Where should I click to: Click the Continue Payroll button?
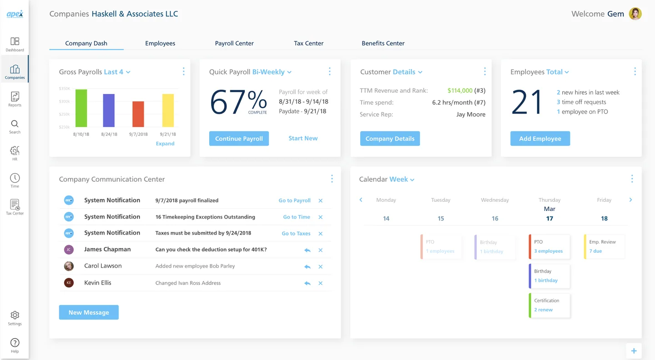[x=239, y=139]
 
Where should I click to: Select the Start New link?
[x=303, y=138]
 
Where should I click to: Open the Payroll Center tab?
[x=234, y=43]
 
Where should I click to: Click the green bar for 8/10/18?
[x=81, y=108]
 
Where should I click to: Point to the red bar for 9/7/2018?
[x=138, y=114]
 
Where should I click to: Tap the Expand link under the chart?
[x=165, y=144]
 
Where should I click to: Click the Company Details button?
[x=390, y=139]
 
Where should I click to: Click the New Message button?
[x=89, y=312]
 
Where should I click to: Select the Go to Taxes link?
[x=296, y=233]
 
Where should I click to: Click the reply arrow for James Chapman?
[x=307, y=250]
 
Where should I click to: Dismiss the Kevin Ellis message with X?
[x=321, y=283]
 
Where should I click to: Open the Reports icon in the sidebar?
[x=15, y=99]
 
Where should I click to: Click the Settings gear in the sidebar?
[x=15, y=317]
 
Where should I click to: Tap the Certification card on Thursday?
[x=549, y=305]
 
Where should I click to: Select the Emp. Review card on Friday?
[x=604, y=246]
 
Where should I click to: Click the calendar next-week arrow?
[x=630, y=200]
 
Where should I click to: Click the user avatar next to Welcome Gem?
[x=635, y=14]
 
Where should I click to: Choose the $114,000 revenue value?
[x=460, y=90]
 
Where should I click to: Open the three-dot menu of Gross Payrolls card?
[x=183, y=72]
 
